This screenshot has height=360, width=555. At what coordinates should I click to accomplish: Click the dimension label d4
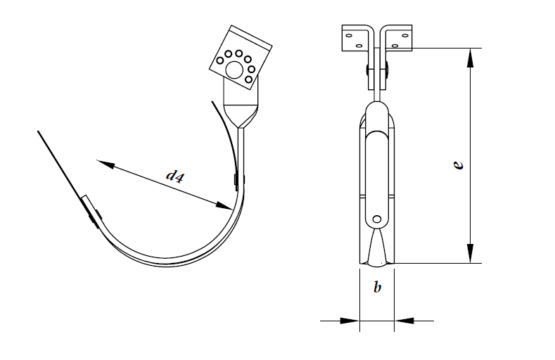(x=175, y=176)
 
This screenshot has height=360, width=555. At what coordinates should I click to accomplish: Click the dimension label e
(x=458, y=165)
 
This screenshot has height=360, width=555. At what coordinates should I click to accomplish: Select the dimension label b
(x=377, y=287)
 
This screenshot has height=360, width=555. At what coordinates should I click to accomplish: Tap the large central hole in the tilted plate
(x=234, y=70)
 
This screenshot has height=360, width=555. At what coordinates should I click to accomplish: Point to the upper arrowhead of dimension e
(x=470, y=58)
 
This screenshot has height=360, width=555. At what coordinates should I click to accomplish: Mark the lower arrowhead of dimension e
(x=470, y=253)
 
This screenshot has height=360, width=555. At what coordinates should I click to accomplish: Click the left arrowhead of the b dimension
(x=350, y=321)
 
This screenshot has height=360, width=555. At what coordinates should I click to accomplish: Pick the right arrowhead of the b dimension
(x=404, y=321)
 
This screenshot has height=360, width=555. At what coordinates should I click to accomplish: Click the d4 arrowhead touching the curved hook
(x=224, y=206)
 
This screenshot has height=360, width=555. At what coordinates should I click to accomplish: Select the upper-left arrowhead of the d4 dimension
(x=106, y=164)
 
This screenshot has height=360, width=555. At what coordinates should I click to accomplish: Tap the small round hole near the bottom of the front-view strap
(x=377, y=219)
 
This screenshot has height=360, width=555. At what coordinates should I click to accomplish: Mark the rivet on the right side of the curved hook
(x=236, y=181)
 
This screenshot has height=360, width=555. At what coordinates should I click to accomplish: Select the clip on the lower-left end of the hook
(x=91, y=210)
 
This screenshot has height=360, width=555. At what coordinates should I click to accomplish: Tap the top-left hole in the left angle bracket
(x=349, y=35)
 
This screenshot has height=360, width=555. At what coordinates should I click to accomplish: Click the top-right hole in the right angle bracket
(x=405, y=35)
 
